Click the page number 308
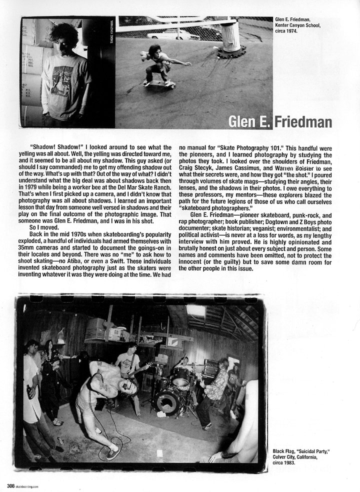[x=11, y=485]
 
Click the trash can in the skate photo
[x=231, y=36]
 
